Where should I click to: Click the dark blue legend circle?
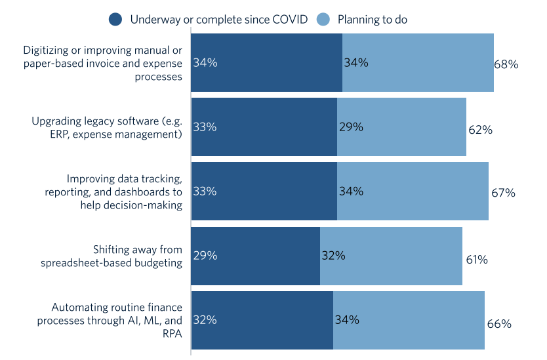click(115, 20)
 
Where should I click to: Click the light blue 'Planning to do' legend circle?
click(323, 20)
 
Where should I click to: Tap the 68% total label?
click(506, 64)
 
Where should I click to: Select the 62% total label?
click(480, 129)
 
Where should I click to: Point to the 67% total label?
click(503, 193)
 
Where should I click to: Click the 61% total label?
click(476, 259)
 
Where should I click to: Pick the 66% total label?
click(498, 323)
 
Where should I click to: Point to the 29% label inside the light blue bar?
click(351, 127)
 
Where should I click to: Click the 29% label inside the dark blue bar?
click(205, 256)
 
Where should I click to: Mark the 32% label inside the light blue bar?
click(333, 256)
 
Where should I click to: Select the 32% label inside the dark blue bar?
click(205, 320)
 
